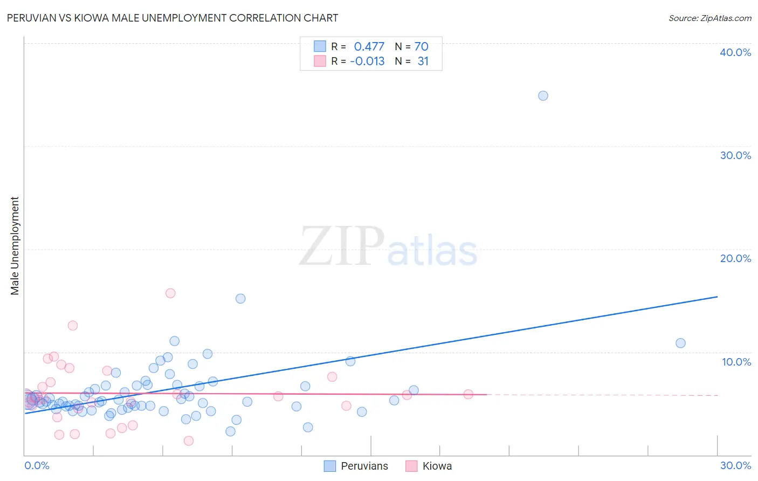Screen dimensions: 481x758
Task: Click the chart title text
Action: click(173, 18)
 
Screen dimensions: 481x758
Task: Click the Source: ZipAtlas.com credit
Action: click(709, 18)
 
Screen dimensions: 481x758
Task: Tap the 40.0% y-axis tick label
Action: click(735, 52)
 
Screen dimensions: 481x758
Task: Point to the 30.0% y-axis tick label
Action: click(735, 155)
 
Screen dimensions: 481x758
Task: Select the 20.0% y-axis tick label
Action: click(735, 258)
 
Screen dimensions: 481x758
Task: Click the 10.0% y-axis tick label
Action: click(736, 362)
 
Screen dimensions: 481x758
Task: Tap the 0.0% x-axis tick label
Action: click(37, 465)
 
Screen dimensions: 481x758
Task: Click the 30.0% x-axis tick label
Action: click(735, 465)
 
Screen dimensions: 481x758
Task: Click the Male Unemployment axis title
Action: click(15, 246)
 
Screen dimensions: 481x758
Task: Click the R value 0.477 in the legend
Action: click(369, 47)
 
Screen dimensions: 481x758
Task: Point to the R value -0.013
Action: click(367, 61)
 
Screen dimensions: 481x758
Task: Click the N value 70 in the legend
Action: click(421, 47)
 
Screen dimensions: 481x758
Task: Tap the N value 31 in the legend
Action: click(423, 61)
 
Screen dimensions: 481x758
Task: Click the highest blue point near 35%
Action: click(543, 95)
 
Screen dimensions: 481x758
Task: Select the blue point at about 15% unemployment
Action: click(240, 299)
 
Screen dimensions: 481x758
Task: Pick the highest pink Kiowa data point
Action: click(170, 293)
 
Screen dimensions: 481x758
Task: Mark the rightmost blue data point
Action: click(680, 343)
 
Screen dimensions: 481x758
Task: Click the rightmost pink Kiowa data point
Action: click(468, 394)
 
